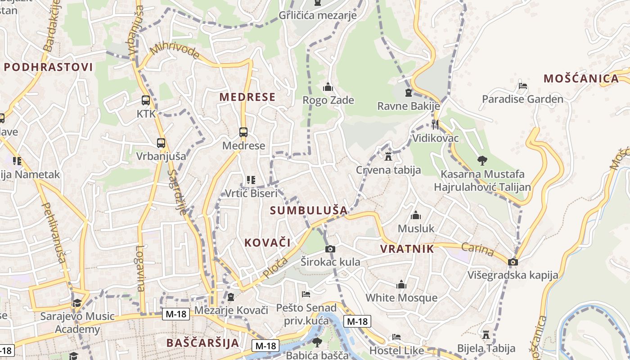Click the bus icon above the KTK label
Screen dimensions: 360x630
pos(145,100)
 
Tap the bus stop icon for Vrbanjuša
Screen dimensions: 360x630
pos(161,143)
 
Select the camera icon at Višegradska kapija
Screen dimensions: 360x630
pos(513,262)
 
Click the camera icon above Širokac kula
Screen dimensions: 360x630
pos(330,249)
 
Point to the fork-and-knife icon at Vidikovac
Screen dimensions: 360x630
pos(435,124)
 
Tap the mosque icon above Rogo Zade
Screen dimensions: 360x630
pos(328,87)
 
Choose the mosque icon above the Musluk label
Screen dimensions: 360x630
pos(416,216)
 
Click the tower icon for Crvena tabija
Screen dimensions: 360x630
pos(388,157)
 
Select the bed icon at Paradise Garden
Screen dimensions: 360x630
pos(522,86)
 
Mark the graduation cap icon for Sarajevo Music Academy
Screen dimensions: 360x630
pos(77,303)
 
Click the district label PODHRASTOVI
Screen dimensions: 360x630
pos(48,67)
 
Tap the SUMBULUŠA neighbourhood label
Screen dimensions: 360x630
pos(309,210)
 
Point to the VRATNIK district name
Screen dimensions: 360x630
pos(407,249)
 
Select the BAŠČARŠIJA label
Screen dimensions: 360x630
pos(202,343)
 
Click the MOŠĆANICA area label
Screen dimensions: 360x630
pos(581,79)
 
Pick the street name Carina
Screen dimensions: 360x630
pos(477,250)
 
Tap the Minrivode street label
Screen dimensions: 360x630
pos(175,51)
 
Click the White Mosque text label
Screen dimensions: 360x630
pos(401,297)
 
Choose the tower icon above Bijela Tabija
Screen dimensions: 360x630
pos(486,335)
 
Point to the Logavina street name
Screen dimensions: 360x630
pos(140,268)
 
